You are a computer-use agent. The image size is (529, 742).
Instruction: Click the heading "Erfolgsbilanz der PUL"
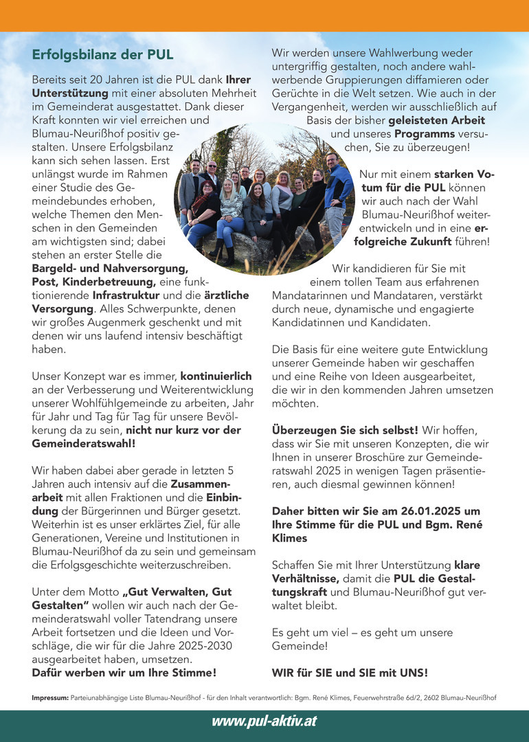(102, 54)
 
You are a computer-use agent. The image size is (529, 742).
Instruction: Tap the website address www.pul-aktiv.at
(264, 721)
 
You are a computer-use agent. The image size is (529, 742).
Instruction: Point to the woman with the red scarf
(205, 210)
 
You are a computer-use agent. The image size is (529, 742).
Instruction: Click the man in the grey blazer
(190, 189)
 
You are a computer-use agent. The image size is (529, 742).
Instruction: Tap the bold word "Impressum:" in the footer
(50, 698)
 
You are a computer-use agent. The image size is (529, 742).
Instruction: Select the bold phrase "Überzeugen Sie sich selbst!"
(345, 430)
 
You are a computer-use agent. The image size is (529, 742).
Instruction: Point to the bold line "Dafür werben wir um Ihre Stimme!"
(124, 672)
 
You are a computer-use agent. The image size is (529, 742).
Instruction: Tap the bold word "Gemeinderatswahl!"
(84, 444)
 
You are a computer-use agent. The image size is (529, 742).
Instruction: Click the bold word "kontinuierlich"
(216, 376)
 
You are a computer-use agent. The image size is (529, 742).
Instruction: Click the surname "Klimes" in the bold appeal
(290, 539)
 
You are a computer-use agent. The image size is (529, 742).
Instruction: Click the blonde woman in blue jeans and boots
(229, 216)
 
